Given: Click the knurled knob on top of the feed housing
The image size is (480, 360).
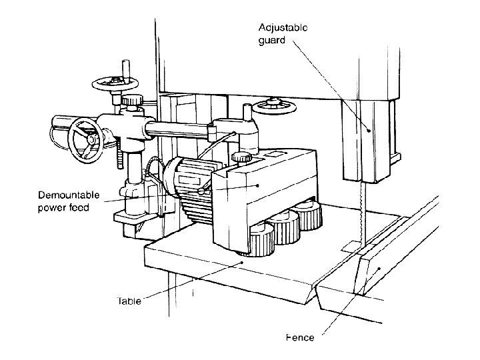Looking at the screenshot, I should tap(243, 157).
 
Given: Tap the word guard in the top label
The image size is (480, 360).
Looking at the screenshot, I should tap(271, 39).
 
